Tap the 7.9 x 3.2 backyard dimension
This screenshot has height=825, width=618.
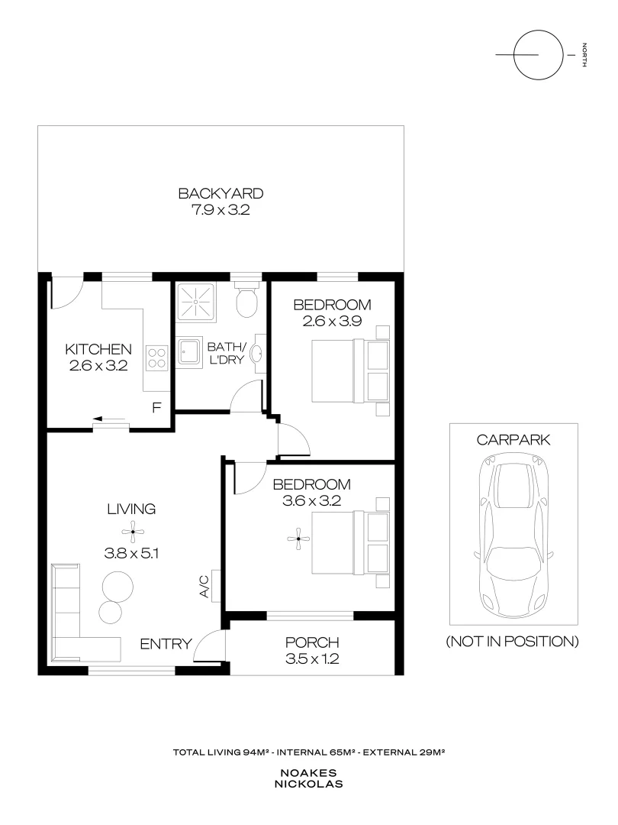[x=220, y=210]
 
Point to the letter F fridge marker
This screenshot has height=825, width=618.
[x=156, y=407]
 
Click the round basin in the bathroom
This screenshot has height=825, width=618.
[x=258, y=354]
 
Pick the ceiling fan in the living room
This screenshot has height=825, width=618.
[x=131, y=532]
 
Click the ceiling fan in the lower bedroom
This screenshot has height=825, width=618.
[x=298, y=540]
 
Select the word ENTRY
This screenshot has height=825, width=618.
[x=165, y=644]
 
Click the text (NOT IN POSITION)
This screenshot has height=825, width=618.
[x=512, y=641]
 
